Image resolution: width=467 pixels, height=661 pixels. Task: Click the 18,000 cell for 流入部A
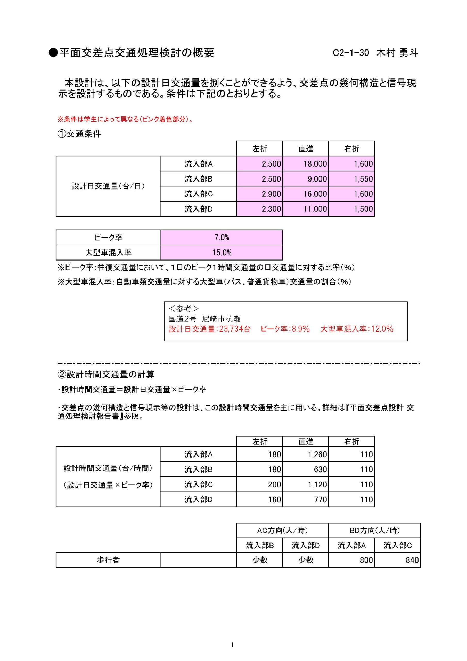(x=315, y=164)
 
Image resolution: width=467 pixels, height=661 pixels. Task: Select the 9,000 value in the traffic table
(x=317, y=179)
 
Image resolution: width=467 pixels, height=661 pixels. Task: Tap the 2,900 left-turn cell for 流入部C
(x=271, y=194)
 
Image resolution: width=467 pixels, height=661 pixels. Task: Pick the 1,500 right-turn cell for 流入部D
(x=363, y=209)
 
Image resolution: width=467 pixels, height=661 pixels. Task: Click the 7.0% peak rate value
(x=222, y=238)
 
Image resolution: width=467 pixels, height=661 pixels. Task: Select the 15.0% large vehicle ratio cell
(x=222, y=253)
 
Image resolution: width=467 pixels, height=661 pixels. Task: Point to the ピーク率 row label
(x=108, y=238)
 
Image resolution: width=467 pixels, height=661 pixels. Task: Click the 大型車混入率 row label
(x=108, y=253)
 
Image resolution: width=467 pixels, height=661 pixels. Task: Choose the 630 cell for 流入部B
(x=320, y=470)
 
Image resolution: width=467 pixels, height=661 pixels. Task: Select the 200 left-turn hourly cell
(x=274, y=485)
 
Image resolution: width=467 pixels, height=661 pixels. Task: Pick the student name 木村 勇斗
(x=397, y=53)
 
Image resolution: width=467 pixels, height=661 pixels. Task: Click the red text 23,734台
(x=235, y=329)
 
